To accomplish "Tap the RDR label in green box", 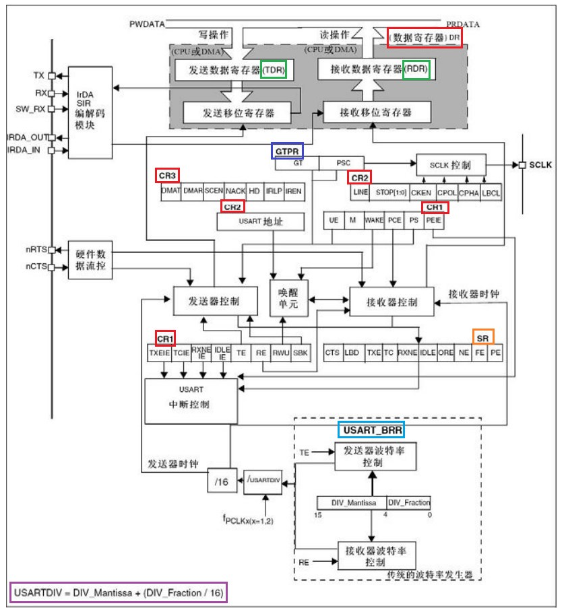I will (416, 69).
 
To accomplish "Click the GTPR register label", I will (288, 151).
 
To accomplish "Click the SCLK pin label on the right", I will (541, 165).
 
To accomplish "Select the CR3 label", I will (168, 176).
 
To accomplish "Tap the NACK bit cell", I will (234, 191).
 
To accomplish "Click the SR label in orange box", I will (482, 336).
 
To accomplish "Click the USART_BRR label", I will (371, 429).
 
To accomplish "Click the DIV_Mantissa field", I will (351, 502).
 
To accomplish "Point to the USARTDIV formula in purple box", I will (118, 592).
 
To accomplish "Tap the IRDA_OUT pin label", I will (25, 137).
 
